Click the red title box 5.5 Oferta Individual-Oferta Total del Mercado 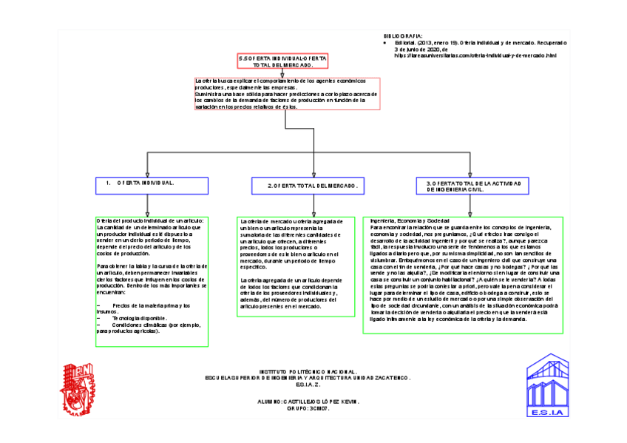tap(283, 61)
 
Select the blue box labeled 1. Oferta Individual tap(147, 185)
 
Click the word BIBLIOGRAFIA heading tap(403, 35)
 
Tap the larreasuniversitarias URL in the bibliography tap(475, 55)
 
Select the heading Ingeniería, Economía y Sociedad tap(410, 221)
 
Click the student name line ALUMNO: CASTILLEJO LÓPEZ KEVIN tap(305, 400)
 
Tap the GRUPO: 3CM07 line tap(307, 408)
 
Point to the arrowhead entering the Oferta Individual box tap(147, 175)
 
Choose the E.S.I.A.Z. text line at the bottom tap(307, 385)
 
